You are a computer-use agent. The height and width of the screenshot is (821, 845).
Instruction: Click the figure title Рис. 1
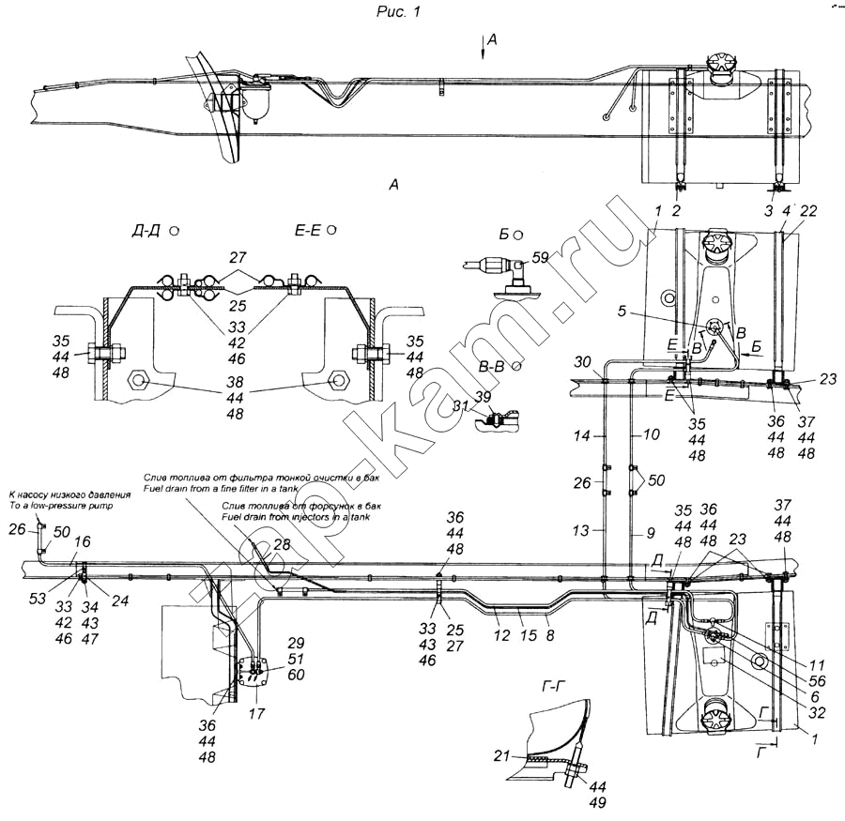pos(421,10)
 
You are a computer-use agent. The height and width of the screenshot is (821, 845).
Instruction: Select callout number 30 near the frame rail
pos(582,362)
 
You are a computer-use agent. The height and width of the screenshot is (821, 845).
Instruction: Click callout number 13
pos(582,530)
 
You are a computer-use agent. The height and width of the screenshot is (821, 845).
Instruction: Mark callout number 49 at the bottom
pos(598,802)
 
